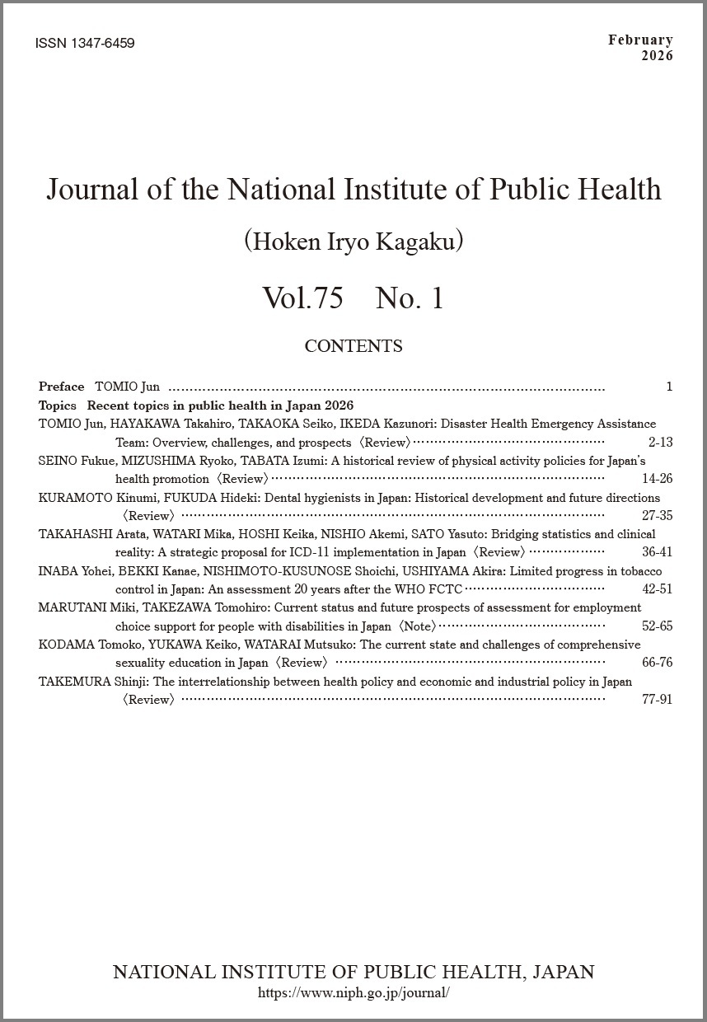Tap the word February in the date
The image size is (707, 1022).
pos(640,40)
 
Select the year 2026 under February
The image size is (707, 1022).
pos(656,56)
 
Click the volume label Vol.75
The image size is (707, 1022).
pos(302,298)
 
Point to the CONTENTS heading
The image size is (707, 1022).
pos(353,346)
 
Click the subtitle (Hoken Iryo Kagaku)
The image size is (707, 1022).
pos(353,241)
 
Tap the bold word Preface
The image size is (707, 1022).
pos(61,387)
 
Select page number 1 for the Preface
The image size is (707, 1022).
pos(669,387)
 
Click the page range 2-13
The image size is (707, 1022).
pos(660,443)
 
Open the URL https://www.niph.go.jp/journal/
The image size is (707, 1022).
pos(353,993)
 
